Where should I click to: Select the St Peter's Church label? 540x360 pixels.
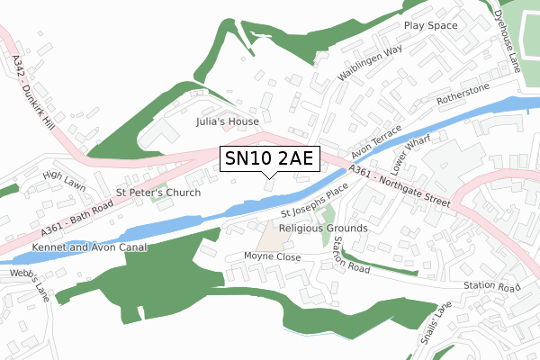click(x=158, y=193)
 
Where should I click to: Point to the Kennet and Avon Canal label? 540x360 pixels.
click(x=88, y=246)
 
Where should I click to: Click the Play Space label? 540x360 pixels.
click(x=430, y=26)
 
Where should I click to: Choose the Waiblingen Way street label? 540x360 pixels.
click(x=369, y=64)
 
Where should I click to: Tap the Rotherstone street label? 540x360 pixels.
click(x=463, y=94)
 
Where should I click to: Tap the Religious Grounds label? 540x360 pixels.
click(x=323, y=229)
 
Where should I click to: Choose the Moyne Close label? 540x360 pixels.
click(x=272, y=256)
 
